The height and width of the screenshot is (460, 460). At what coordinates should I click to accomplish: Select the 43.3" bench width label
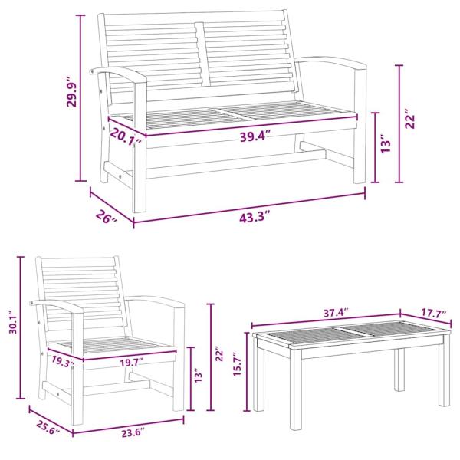point(255,217)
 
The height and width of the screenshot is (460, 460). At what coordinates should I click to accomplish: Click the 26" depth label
point(107,216)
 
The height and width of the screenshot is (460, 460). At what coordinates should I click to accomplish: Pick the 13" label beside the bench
point(386,143)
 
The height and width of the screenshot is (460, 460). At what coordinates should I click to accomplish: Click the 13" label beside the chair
point(198,376)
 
